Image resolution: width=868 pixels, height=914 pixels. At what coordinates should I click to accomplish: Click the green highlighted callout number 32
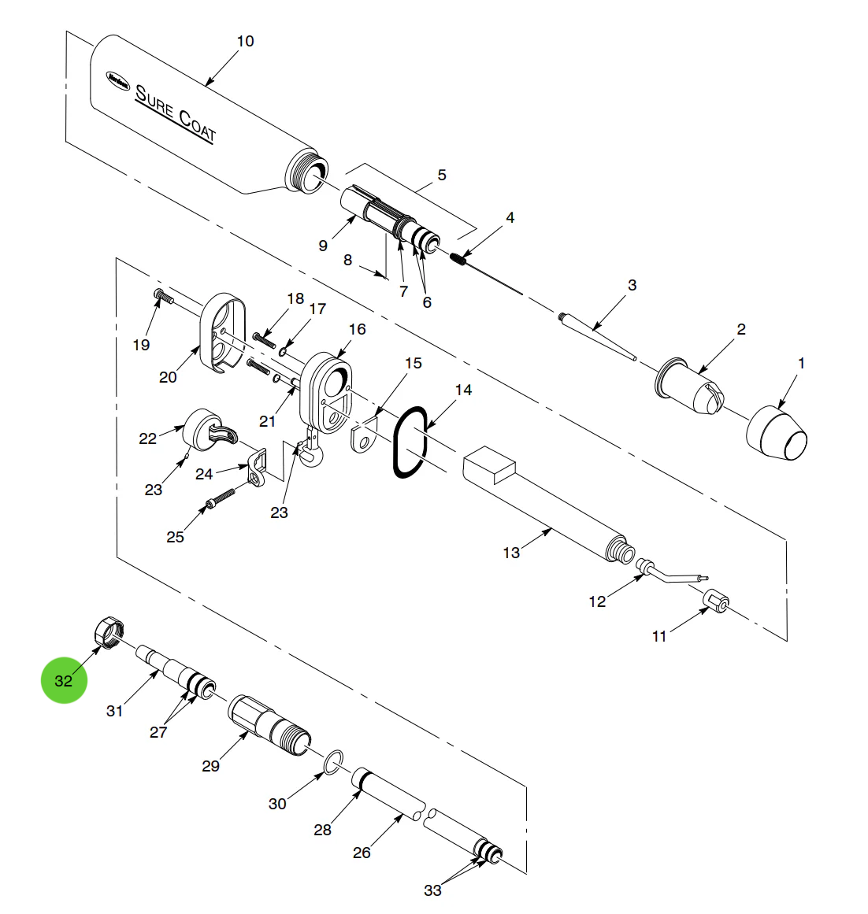[x=64, y=680]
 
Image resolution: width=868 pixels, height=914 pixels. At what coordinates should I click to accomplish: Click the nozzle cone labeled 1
[x=777, y=433]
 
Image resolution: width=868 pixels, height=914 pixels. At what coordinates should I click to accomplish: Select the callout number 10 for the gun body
[x=245, y=41]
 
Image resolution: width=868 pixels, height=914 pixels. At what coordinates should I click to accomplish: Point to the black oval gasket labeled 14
[x=410, y=442]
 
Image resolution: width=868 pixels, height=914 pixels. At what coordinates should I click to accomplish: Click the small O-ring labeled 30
[x=334, y=760]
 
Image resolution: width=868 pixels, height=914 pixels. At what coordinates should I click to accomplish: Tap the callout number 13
[x=511, y=553]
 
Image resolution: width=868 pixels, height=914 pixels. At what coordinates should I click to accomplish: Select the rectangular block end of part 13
[x=488, y=466]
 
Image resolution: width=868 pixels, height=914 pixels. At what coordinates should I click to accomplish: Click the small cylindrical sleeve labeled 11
[x=715, y=601]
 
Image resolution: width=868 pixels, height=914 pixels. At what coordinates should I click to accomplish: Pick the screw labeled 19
[x=162, y=296]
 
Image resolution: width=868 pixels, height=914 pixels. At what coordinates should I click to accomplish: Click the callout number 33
[x=432, y=890]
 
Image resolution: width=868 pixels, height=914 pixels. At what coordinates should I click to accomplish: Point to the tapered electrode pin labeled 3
[x=596, y=338]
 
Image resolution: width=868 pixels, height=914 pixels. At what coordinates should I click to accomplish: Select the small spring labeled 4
[x=462, y=258]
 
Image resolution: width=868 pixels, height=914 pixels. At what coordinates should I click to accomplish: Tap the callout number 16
[x=357, y=329]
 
